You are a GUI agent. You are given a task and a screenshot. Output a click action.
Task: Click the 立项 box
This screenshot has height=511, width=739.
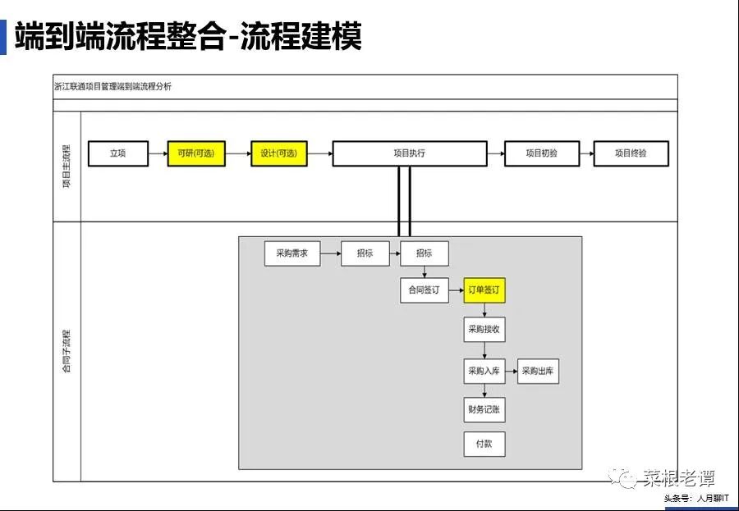click(118, 153)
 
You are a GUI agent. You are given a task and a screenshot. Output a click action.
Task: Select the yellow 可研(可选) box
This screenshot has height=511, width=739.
click(196, 153)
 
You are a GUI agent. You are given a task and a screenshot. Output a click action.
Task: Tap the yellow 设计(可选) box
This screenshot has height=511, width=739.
click(279, 153)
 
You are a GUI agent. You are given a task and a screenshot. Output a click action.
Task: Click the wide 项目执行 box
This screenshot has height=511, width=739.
click(409, 153)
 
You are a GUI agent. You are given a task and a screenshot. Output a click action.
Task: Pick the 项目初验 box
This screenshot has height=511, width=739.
click(542, 153)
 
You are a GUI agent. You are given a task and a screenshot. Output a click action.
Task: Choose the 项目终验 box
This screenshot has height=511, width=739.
click(631, 153)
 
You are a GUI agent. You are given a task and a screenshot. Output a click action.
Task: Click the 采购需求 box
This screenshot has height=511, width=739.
click(292, 254)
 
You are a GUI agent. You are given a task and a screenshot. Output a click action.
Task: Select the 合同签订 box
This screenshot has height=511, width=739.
click(425, 290)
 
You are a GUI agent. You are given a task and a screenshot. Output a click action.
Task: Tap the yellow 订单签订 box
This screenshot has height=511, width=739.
click(484, 290)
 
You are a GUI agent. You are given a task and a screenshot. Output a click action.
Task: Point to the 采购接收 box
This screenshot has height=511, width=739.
click(484, 330)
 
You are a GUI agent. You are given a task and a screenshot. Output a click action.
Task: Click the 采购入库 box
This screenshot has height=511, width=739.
click(484, 372)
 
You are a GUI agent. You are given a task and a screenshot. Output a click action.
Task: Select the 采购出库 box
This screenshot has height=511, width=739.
click(538, 372)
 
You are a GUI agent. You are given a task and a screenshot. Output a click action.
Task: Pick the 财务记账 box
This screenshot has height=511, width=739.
click(484, 408)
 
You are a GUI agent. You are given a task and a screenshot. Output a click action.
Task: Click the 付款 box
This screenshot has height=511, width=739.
click(484, 444)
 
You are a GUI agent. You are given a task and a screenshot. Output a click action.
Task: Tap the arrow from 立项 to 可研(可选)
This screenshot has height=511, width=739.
click(158, 153)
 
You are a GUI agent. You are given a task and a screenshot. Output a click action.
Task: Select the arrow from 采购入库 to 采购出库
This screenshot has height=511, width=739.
click(511, 372)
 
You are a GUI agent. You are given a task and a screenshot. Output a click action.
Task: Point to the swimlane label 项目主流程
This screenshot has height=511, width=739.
click(67, 167)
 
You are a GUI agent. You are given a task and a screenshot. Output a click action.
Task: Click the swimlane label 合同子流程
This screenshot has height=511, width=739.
click(67, 350)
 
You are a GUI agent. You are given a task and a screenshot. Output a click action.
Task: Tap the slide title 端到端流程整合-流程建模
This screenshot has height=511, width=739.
click(188, 37)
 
